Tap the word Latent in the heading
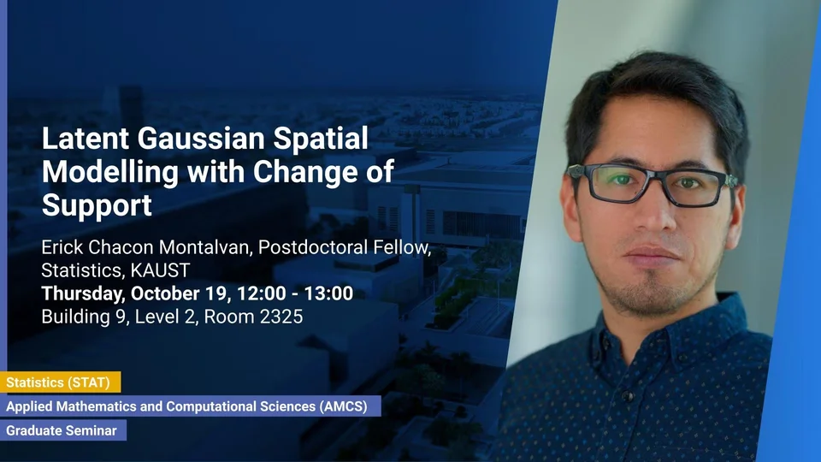tap(86, 139)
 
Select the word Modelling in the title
tap(110, 172)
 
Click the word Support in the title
tap(97, 204)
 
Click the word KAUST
tap(160, 270)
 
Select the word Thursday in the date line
tap(83, 293)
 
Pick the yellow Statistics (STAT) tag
tap(60, 382)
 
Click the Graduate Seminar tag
tap(63, 430)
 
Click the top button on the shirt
tap(627, 395)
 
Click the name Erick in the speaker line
tap(62, 246)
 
